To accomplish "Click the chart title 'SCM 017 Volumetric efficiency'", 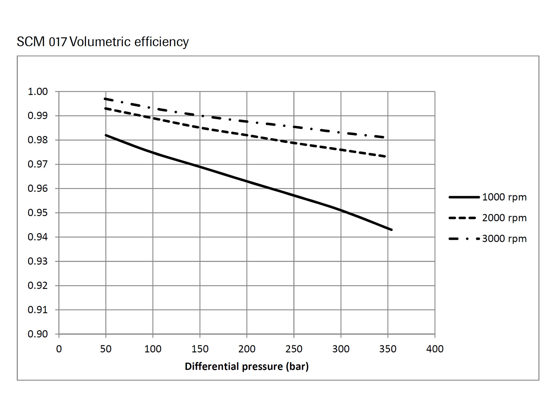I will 103,42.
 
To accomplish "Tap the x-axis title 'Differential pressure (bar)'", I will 247,366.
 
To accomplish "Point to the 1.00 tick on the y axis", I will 38,92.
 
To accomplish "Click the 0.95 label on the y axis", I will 38,213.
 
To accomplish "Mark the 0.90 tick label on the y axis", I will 38,334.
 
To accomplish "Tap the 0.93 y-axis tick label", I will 38,261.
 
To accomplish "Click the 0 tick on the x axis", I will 59,349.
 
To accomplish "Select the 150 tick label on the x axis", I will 200,349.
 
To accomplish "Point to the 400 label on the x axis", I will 435,349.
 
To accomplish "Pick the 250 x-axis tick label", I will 294,349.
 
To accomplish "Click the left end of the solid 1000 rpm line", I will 106,135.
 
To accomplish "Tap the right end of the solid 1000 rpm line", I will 391,229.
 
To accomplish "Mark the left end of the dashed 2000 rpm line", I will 106,109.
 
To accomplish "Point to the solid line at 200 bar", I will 247,181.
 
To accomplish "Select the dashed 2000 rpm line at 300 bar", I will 341,150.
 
